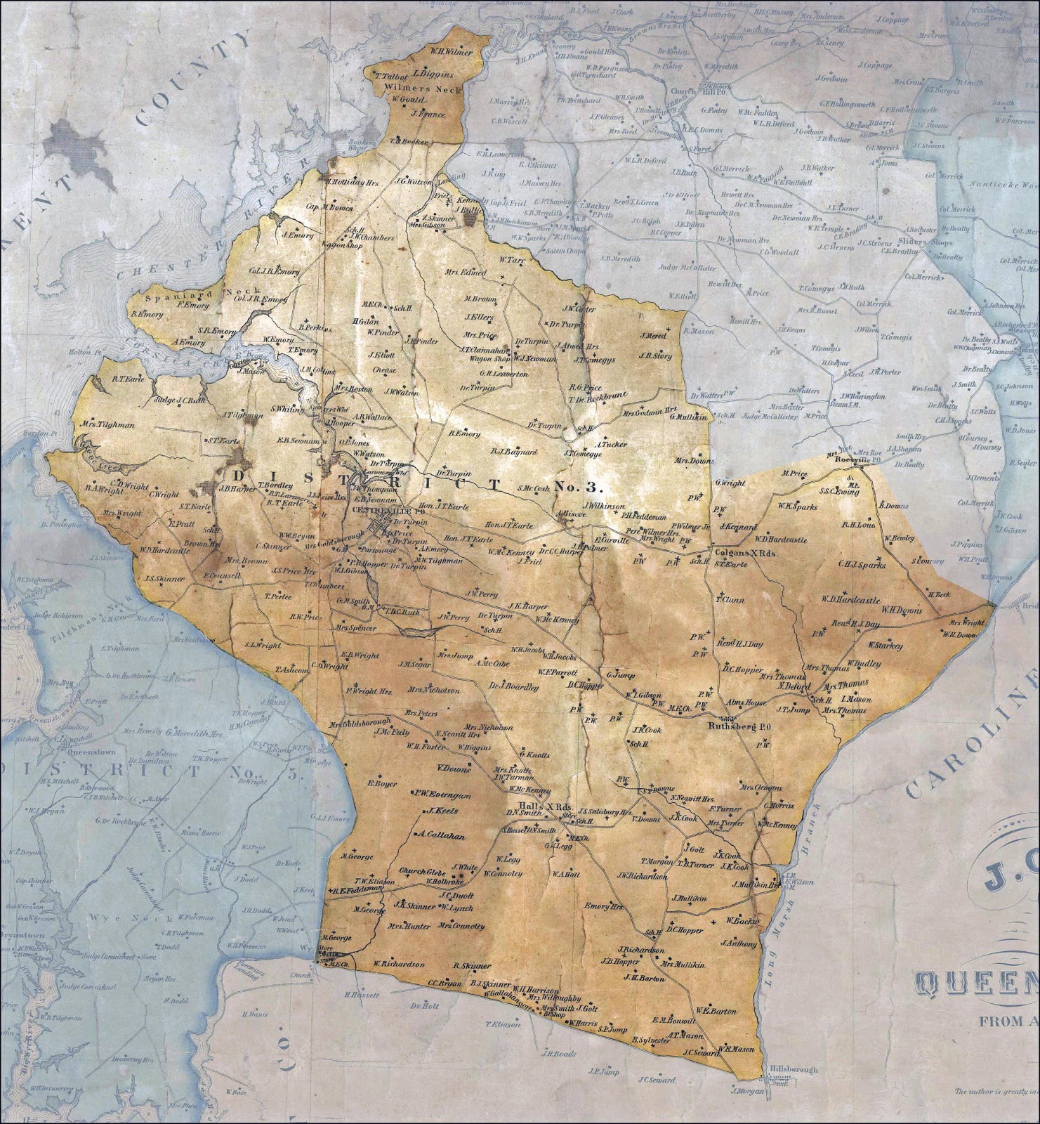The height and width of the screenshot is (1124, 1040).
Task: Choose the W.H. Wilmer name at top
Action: click(452, 52)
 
